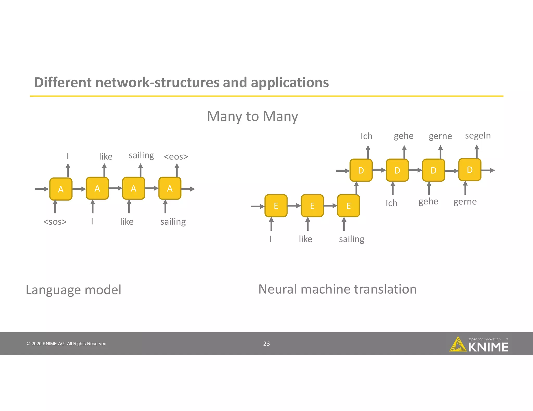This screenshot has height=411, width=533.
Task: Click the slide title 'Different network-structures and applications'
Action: (x=181, y=82)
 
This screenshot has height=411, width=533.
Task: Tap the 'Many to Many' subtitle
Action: (x=252, y=116)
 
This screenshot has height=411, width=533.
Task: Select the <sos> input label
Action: (x=55, y=222)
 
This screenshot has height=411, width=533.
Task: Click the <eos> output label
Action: (x=176, y=157)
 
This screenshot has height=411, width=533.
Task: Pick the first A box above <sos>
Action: (x=61, y=189)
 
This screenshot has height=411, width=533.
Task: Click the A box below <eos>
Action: (x=170, y=188)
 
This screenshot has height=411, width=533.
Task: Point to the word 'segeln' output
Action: (x=478, y=136)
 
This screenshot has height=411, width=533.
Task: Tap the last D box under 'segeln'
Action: (x=469, y=170)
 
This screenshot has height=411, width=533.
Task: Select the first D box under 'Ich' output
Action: (x=361, y=170)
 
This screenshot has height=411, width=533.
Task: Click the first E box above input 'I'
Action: (x=276, y=206)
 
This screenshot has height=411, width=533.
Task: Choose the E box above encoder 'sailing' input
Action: (x=348, y=206)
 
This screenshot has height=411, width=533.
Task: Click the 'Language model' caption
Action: (x=73, y=290)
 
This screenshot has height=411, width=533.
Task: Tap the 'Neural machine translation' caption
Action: (x=337, y=289)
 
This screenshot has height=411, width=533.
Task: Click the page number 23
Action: (x=266, y=344)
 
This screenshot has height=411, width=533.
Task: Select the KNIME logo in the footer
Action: (x=479, y=344)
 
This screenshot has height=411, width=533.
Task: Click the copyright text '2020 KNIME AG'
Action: (x=67, y=344)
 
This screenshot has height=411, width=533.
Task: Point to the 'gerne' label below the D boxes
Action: (x=465, y=202)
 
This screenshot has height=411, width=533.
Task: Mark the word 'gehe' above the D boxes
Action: (x=403, y=136)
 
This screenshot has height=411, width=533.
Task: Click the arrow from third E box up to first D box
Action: (x=357, y=188)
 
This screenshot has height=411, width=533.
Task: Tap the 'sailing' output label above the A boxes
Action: (x=141, y=156)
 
